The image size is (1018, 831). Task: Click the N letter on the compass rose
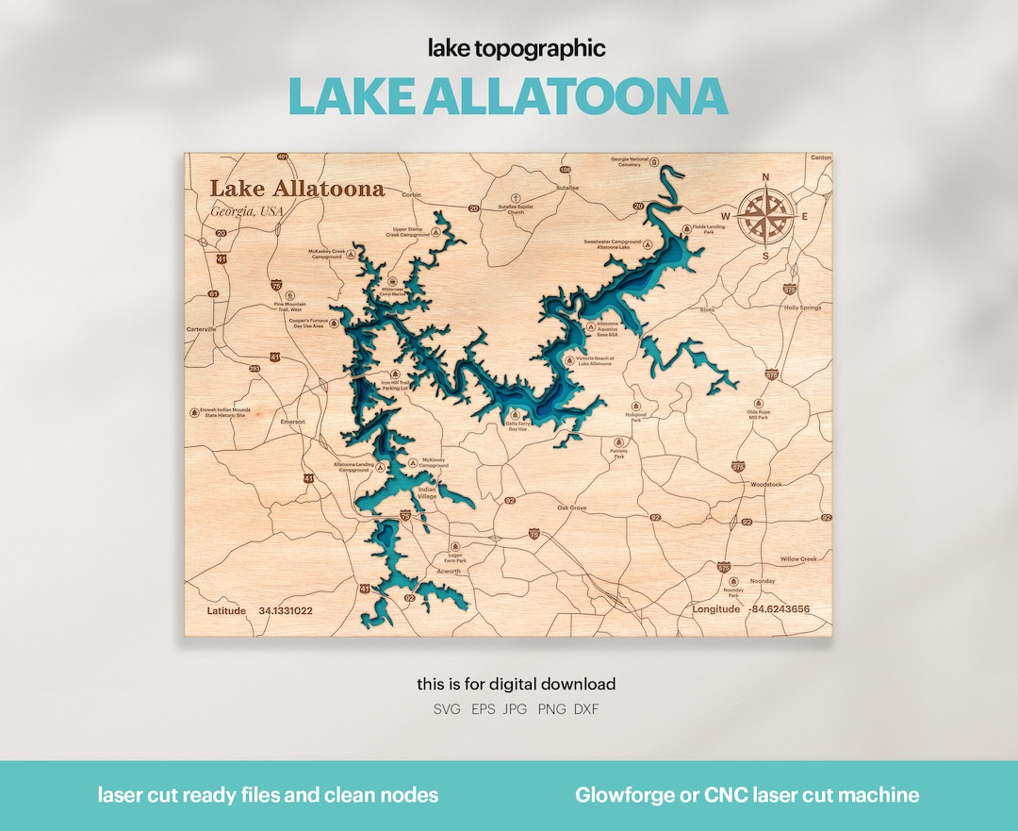(765, 177)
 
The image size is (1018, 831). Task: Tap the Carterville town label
(201, 329)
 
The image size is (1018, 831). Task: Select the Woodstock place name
(766, 484)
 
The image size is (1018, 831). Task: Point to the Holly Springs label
(803, 307)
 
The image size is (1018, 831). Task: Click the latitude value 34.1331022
(286, 610)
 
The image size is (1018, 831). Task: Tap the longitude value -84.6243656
(779, 609)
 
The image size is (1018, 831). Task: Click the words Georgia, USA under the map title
(247, 210)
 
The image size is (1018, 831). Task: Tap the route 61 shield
(214, 294)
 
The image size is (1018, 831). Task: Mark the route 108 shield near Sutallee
(566, 170)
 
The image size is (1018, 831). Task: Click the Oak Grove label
(571, 507)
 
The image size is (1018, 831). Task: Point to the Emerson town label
(292, 422)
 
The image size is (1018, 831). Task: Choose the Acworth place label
(449, 571)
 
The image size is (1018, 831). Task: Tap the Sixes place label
(707, 308)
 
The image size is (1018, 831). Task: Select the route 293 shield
(254, 368)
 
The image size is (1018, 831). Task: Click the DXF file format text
(585, 709)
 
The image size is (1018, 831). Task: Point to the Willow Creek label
(798, 558)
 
